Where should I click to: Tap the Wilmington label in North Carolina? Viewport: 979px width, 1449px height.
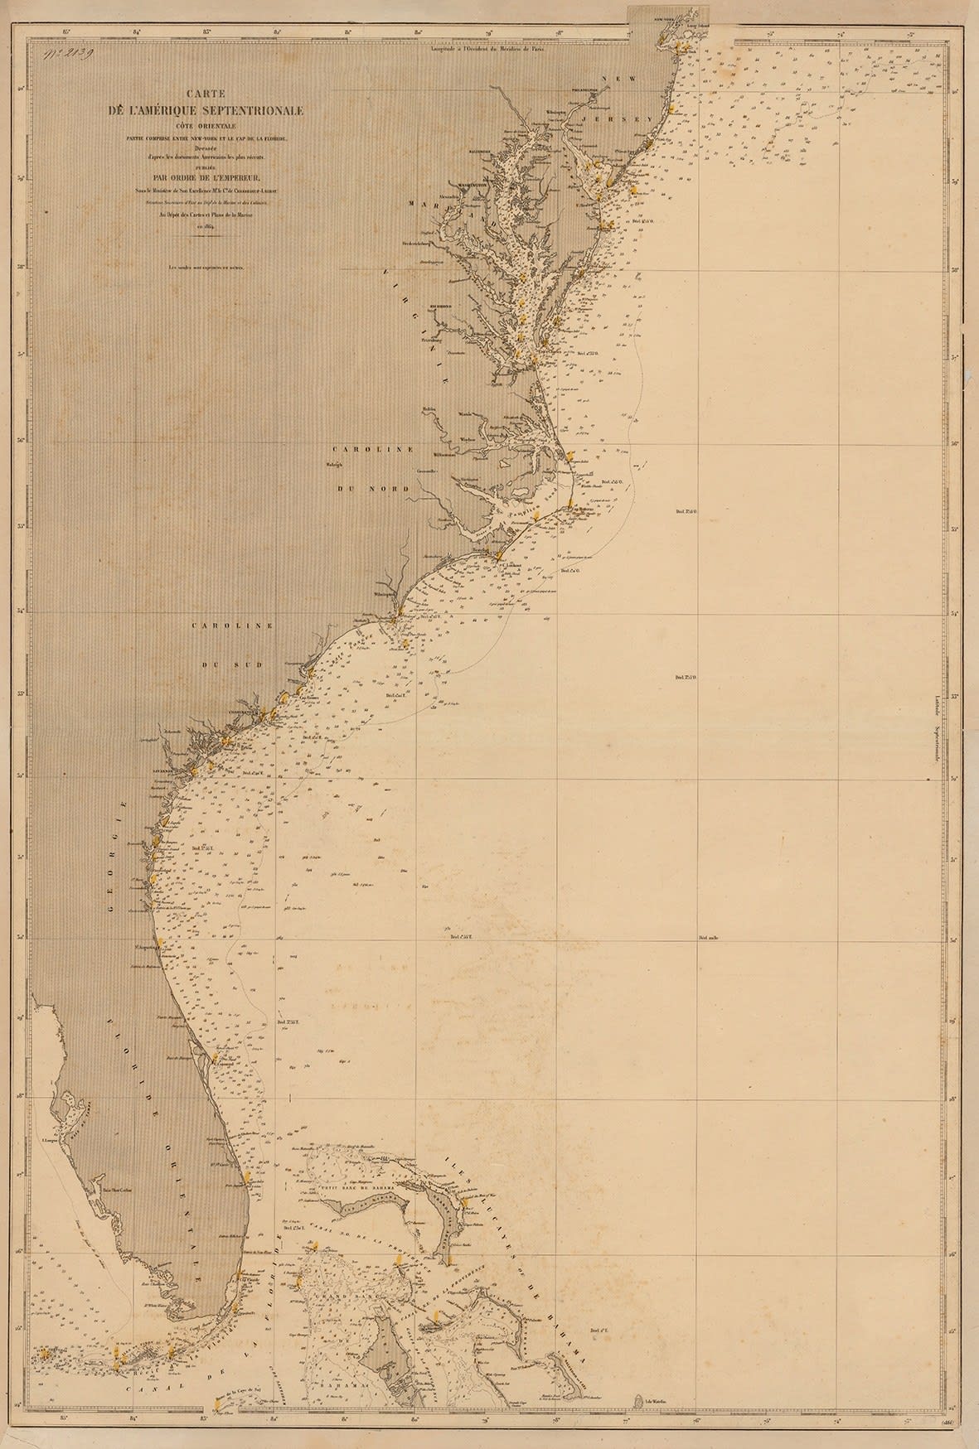pyautogui.click(x=385, y=595)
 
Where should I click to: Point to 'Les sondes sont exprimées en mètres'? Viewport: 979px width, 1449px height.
pyautogui.click(x=211, y=267)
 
